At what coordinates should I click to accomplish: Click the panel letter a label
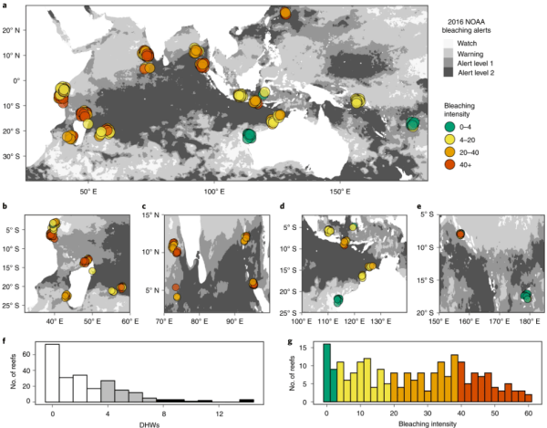pyautogui.click(x=6, y=7)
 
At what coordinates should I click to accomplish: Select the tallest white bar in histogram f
pyautogui.click(x=52, y=372)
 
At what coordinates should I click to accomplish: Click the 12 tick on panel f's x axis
pyautogui.click(x=211, y=411)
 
